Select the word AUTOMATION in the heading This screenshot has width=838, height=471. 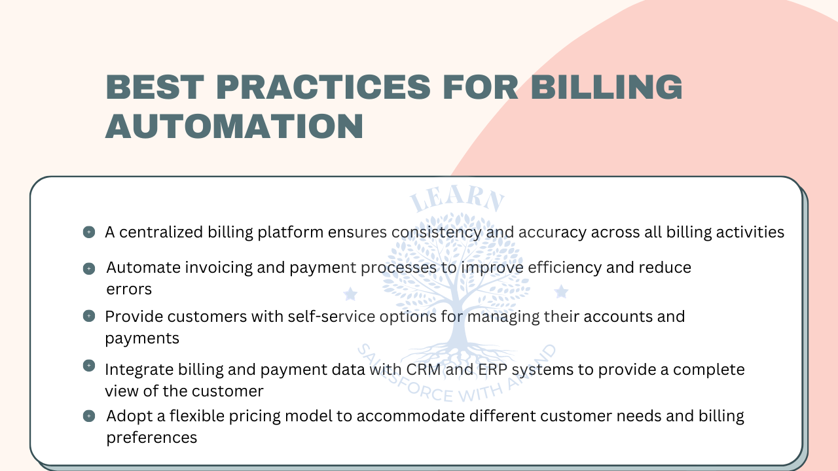[x=234, y=126]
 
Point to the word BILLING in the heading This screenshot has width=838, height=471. [x=607, y=88]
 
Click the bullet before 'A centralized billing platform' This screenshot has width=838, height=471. [x=89, y=232]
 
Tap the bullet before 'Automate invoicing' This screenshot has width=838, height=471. [x=89, y=268]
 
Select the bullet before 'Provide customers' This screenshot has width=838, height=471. [x=89, y=316]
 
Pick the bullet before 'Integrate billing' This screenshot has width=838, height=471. [x=89, y=365]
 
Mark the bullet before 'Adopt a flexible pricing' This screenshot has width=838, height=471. [x=89, y=415]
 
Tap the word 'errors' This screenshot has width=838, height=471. [x=129, y=288]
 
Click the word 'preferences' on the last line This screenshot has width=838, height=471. [x=152, y=437]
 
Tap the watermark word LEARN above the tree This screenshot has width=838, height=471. [x=457, y=200]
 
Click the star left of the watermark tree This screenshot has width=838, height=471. [x=350, y=292]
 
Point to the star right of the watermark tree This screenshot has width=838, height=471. [x=561, y=292]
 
